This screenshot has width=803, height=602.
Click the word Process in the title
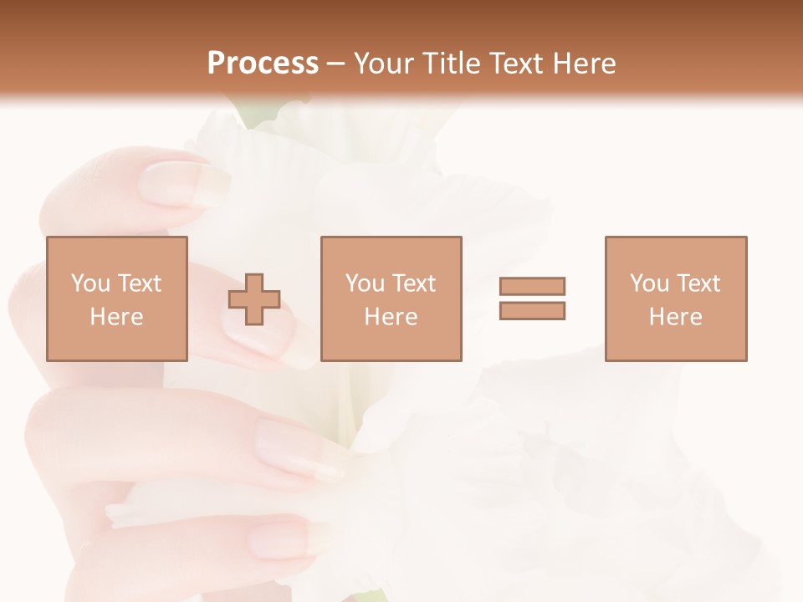coord(263,64)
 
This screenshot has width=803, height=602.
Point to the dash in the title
coord(335,64)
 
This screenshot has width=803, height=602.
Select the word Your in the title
coord(381,64)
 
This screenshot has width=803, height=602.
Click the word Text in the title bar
coord(519,64)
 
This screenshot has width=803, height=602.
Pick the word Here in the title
coord(587,64)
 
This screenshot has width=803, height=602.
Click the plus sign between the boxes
coord(254,298)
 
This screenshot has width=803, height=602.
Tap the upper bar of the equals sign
coord(533,286)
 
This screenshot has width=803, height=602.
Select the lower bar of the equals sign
coord(533,310)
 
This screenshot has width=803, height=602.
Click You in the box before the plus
coord(90,283)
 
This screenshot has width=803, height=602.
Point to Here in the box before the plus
coord(117,317)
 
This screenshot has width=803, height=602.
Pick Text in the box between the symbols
coord(413,283)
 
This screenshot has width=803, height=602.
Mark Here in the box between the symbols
coord(391,317)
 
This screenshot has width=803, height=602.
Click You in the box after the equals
coord(649,283)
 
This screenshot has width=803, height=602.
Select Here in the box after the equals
coord(676,317)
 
